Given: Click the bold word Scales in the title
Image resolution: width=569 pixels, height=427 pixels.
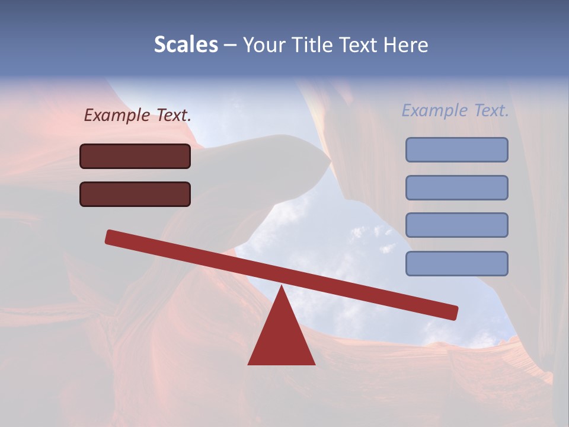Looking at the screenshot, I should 186,44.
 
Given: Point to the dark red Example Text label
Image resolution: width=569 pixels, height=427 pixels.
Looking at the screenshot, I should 138,116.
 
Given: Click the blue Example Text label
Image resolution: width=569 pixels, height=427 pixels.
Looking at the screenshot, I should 455,110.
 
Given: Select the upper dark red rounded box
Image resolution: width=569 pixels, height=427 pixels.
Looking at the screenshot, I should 135,156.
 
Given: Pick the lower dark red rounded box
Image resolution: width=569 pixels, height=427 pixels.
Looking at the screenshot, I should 135,194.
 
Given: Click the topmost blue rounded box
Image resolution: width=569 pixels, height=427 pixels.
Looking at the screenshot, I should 456,149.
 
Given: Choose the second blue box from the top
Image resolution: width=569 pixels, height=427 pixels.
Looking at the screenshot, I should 456,187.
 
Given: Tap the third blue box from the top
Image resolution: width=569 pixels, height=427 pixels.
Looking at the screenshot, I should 456,225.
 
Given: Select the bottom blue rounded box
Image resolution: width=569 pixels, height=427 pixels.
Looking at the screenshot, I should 456,263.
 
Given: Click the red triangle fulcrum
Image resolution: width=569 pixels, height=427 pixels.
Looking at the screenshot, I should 281,338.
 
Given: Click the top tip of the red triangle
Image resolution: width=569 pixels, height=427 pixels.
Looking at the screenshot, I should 282,288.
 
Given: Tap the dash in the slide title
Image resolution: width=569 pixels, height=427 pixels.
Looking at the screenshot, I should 230,45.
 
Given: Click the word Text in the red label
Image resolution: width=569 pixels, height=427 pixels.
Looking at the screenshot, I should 173,116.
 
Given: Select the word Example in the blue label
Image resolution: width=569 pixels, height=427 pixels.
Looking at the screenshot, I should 435,110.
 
